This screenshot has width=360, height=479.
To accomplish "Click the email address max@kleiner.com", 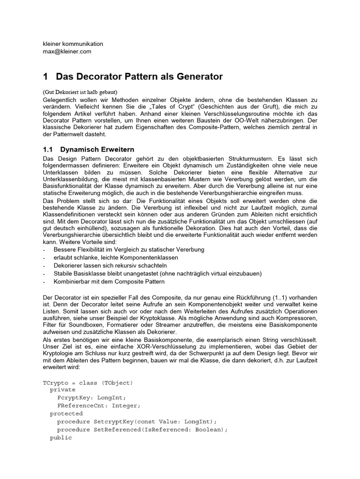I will click(x=67, y=51).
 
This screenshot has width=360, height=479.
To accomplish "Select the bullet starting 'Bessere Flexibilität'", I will click(x=129, y=250).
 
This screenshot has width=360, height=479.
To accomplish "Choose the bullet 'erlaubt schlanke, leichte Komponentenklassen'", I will click(x=116, y=258).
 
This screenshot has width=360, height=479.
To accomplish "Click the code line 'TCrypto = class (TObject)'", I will click(x=88, y=383).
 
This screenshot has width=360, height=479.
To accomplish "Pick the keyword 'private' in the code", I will click(x=62, y=390).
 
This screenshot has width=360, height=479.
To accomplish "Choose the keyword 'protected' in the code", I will click(x=66, y=414).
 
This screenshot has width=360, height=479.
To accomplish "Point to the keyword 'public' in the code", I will click(x=61, y=437).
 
